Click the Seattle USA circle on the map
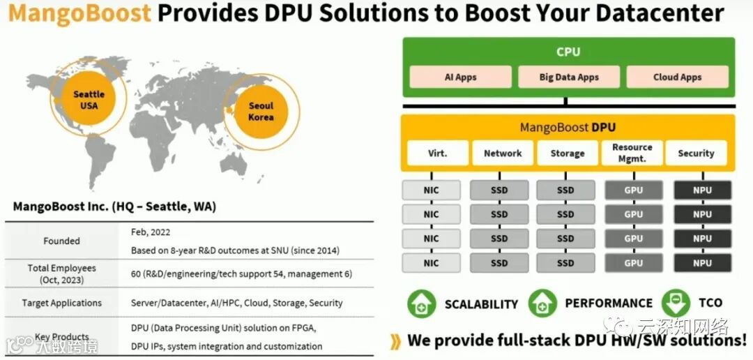[89, 100]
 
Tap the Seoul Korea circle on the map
[261, 112]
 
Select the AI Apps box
[460, 77]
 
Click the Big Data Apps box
[569, 77]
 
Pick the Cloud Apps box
[677, 77]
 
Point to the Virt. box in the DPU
[437, 153]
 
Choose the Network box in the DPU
[502, 153]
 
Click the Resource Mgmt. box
[632, 153]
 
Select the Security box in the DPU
[696, 153]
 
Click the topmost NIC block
[431, 190]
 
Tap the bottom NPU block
[702, 263]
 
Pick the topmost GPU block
[633, 190]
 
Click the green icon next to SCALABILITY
[421, 303]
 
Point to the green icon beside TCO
[675, 303]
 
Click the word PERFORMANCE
[608, 303]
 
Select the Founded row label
[62, 241]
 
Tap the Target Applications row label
[62, 303]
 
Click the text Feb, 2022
[150, 232]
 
